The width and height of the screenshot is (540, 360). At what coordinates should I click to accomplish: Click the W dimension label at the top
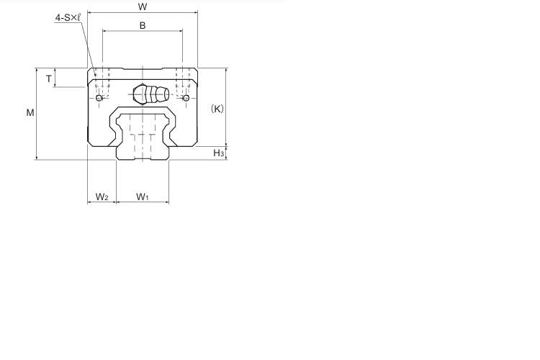[x=143, y=6]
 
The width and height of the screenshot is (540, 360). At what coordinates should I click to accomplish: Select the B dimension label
[x=143, y=25]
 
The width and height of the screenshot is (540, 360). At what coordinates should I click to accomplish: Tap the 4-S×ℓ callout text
[x=68, y=18]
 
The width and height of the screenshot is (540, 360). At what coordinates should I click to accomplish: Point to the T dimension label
[x=48, y=79]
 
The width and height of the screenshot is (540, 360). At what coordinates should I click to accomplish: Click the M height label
[x=30, y=112]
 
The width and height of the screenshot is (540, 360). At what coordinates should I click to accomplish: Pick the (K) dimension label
[x=217, y=109]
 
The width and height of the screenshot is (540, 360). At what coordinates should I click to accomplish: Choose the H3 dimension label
[x=219, y=153]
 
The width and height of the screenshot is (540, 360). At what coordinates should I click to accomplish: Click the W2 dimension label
[x=102, y=197]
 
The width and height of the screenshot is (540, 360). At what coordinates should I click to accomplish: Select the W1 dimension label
[x=143, y=197]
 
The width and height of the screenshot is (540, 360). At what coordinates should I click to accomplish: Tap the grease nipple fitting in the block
[x=151, y=94]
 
